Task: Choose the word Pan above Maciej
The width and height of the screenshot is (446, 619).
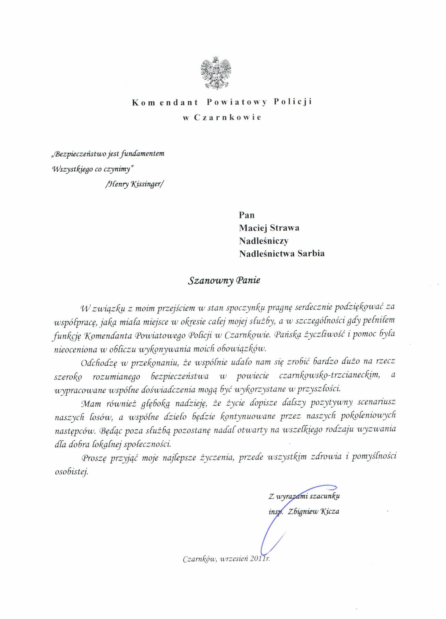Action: (247, 215)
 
